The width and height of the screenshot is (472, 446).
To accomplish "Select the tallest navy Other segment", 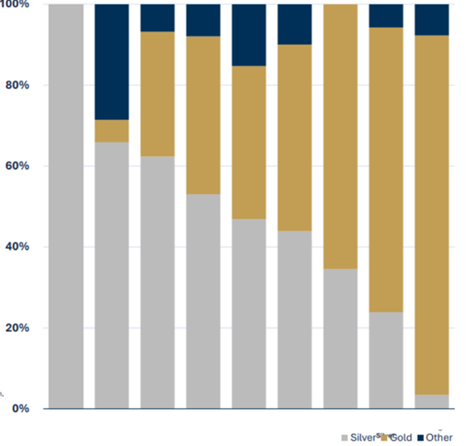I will click(111, 61).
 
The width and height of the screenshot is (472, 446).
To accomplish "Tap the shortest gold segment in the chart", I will click(111, 131).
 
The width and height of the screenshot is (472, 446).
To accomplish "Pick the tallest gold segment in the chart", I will click(432, 215).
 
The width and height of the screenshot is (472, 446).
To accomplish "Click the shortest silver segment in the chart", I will click(432, 401).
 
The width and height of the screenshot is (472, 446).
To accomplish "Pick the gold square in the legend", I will click(384, 438).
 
